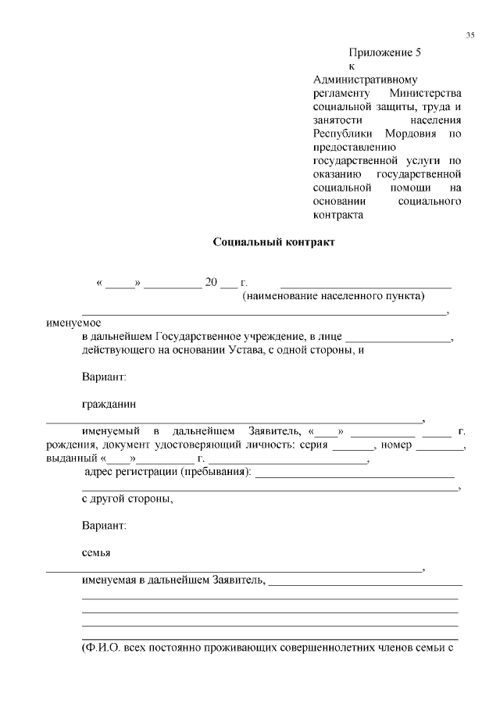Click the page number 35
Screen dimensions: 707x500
pyautogui.click(x=470, y=35)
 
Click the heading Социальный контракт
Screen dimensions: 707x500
pyautogui.click(x=274, y=242)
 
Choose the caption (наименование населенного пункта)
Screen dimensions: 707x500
pyautogui.click(x=334, y=296)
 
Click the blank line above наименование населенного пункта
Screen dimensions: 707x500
pyautogui.click(x=366, y=286)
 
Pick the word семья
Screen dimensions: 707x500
pyautogui.click(x=96, y=553)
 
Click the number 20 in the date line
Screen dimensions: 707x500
pyautogui.click(x=211, y=283)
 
